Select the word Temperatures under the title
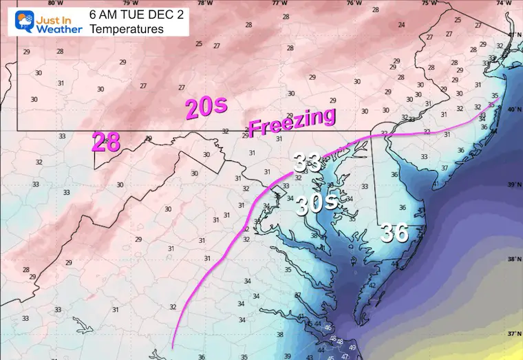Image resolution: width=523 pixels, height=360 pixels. (x=116, y=29)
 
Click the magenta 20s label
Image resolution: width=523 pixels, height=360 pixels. (x=205, y=109)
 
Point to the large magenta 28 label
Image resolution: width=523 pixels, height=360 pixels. (x=107, y=142)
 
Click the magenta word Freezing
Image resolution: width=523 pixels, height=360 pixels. (x=292, y=121)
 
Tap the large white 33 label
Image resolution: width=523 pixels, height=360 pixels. (x=308, y=163)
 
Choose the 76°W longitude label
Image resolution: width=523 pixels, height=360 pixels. (x=354, y=3)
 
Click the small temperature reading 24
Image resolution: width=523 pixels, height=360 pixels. (x=401, y=25)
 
